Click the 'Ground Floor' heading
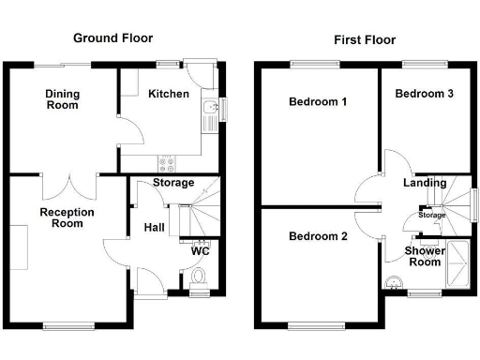113,38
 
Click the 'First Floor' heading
365,40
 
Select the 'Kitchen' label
169,94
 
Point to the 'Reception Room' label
67,218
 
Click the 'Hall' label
156,227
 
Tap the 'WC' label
200,251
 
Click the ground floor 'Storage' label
173,183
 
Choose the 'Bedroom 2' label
318,237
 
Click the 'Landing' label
425,183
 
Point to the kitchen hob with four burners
167,160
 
